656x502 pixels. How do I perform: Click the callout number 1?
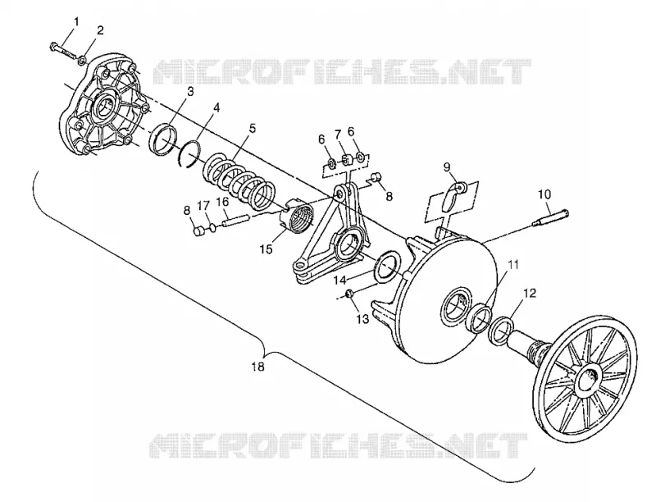point(76,22)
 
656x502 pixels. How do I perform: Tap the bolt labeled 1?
point(62,50)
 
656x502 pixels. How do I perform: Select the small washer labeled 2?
point(83,62)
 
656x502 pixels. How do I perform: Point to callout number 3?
point(190,91)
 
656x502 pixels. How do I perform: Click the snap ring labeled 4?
point(189,153)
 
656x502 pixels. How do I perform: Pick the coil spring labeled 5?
point(239,183)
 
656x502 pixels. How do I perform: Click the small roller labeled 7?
point(346,160)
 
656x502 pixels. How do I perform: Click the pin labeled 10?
point(550,217)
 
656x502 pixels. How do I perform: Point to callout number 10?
point(544,194)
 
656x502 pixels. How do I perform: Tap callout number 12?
point(530,293)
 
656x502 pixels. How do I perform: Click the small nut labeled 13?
point(351,295)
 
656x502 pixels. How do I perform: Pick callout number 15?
point(266,249)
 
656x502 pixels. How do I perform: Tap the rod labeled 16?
point(236,220)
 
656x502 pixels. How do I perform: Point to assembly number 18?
point(258,367)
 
